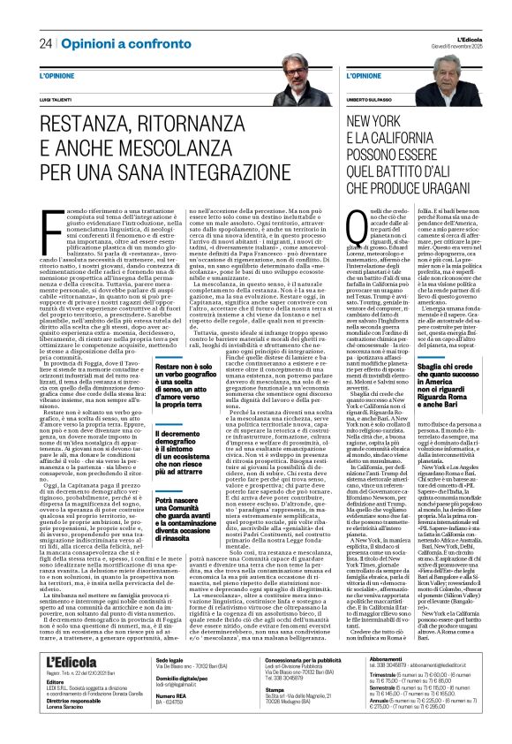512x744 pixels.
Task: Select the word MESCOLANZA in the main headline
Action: point(186,143)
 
